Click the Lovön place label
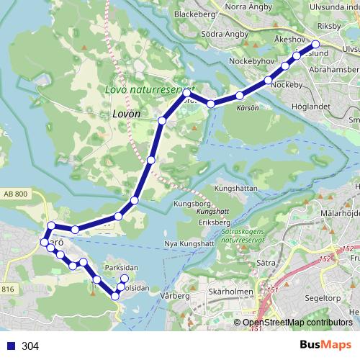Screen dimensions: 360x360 tap(125, 113)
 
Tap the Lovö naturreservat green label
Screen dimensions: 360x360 tap(145, 90)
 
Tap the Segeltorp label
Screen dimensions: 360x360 tap(322, 294)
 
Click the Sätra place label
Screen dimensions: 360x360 tap(266, 264)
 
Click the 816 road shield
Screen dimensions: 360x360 tap(8, 289)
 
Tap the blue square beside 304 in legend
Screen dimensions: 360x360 tap(10, 346)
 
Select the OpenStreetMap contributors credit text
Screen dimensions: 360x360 tap(297, 323)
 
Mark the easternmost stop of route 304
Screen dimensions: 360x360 tap(315, 43)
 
